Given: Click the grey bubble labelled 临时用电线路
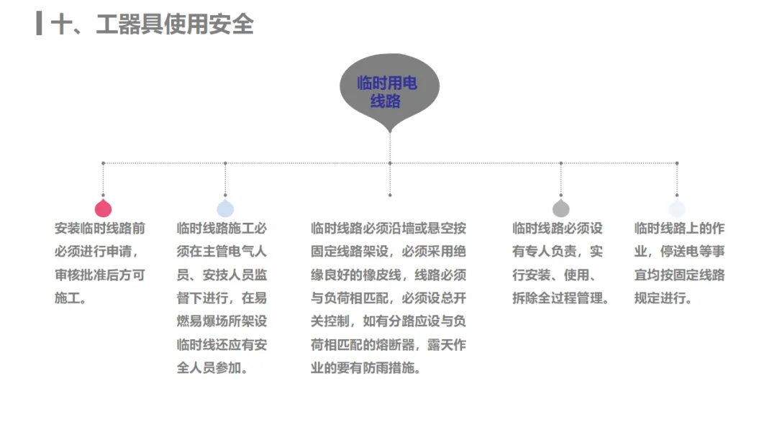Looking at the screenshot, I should pos(388,90).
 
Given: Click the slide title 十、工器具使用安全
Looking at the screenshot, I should pos(152,24).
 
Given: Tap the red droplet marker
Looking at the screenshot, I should pos(104,208).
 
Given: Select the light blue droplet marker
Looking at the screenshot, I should pos(225,208).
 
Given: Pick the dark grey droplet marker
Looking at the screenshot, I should pos(561,208).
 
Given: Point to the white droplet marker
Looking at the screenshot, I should pos(677,208).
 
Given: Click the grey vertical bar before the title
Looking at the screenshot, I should pos(39,24).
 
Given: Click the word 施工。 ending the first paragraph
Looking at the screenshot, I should pos(71,298).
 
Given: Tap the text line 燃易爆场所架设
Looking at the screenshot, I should pos(222,321).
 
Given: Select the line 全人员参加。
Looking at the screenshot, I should pos(213,367).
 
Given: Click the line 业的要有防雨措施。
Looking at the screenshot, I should pos(365,367).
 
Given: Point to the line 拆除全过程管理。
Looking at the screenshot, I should pos(560,298).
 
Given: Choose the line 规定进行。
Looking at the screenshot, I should pos(663,298).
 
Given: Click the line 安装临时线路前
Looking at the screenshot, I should pos(100,228).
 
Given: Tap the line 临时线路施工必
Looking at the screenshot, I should pos(222,228).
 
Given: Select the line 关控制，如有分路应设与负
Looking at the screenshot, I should pos(388,321).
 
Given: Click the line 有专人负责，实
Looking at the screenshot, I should pos(557,251).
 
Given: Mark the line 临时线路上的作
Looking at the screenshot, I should pos(679,228).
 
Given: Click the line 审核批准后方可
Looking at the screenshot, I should pos(100,275).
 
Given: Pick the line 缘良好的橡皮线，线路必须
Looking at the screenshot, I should pos(388,275).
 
